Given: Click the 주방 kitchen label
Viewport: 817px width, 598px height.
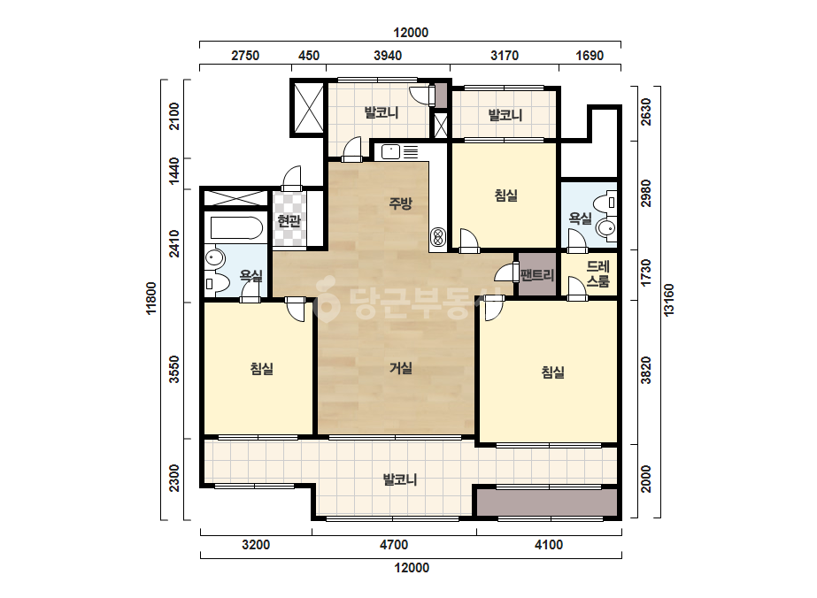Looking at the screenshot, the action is [400, 203].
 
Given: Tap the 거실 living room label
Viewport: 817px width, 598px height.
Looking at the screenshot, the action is [401, 368].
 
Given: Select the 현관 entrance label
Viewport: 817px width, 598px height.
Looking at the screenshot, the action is [289, 221].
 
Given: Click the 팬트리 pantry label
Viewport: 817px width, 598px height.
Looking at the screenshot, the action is [537, 274].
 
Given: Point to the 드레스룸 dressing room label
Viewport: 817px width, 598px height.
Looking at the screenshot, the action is [597, 274].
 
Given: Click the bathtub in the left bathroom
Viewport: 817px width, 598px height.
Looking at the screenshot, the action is [236, 227].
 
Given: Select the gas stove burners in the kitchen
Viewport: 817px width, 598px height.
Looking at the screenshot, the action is [437, 238].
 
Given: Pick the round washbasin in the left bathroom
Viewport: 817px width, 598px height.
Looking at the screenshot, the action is [214, 257].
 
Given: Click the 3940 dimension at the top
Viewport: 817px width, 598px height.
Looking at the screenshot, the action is [388, 55].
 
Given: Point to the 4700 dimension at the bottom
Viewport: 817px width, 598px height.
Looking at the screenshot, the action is [393, 545].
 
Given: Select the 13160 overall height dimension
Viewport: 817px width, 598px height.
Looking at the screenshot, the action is [669, 300].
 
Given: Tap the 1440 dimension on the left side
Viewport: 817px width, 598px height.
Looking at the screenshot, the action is [174, 170].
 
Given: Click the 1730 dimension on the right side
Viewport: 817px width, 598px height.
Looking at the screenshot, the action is [646, 272].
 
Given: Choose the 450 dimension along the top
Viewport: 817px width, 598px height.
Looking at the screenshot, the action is [308, 55].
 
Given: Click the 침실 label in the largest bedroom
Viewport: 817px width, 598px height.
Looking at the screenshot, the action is [553, 372].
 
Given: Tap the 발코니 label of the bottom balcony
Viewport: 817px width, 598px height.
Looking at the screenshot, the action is [399, 479].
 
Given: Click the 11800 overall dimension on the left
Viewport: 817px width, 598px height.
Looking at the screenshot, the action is [151, 298].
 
